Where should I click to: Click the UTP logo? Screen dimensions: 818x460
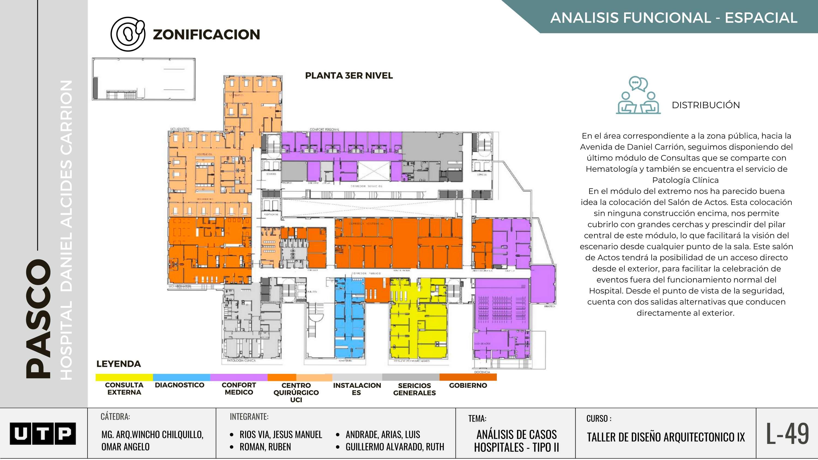point(43,433)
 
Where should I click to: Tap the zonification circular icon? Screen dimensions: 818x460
point(128,34)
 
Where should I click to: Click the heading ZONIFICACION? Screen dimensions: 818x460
point(206,35)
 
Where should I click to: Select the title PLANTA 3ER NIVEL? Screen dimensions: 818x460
point(349,75)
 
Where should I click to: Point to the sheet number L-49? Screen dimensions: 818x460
point(787,434)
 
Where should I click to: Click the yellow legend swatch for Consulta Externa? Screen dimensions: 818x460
point(124,377)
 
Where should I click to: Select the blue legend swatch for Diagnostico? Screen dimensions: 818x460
point(181,377)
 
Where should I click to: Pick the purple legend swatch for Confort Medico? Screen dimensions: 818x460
point(239,377)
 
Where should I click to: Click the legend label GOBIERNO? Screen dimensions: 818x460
point(468,385)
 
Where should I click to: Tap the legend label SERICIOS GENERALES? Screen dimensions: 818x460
point(414,389)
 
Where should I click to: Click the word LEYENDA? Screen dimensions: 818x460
point(118,364)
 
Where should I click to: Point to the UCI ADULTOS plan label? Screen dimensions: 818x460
point(180,129)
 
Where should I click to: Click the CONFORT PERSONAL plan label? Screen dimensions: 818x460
point(324,129)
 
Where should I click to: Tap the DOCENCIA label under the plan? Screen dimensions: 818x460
point(482,372)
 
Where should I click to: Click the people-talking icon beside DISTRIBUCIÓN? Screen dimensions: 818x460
point(638,95)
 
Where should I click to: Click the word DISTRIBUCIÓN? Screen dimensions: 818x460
point(706,105)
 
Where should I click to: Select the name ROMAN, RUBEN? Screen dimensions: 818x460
point(265,447)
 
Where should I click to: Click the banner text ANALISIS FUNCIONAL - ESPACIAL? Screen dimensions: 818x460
point(673,18)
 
